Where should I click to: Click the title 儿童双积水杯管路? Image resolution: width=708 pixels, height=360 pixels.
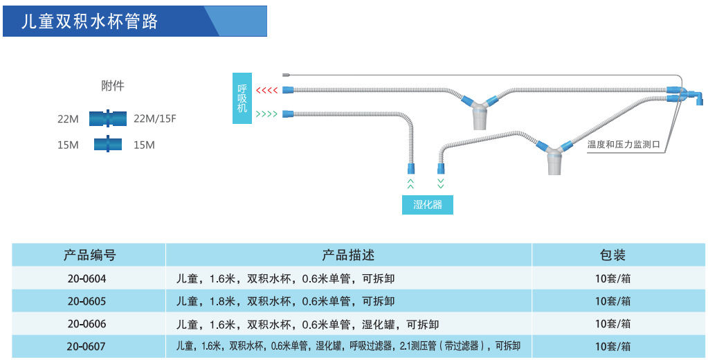click(91, 21)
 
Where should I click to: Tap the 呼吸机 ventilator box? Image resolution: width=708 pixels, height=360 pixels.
click(242, 98)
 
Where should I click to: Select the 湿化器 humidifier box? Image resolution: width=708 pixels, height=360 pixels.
click(428, 204)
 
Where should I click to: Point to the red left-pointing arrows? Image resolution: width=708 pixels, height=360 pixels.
click(266, 91)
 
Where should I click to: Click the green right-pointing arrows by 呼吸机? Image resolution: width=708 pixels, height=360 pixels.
click(266, 114)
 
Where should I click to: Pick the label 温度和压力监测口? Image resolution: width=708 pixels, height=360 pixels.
click(624, 145)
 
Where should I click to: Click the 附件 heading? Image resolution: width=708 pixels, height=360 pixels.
click(113, 86)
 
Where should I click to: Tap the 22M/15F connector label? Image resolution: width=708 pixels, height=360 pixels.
click(155, 119)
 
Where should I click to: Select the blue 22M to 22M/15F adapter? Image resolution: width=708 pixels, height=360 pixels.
click(107, 119)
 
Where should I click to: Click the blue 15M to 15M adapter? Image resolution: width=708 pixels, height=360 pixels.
click(107, 145)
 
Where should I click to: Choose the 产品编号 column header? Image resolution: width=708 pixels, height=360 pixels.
click(89, 255)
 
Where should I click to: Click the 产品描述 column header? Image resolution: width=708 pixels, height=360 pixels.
click(348, 255)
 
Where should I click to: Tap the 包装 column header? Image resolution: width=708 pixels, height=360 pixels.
click(612, 255)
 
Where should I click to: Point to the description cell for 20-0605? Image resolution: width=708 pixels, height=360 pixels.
click(286, 301)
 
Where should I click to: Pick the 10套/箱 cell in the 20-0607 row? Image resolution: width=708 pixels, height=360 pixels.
click(612, 346)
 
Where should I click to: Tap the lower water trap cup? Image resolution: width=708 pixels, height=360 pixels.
click(554, 163)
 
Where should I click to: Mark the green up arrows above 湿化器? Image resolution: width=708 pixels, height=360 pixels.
click(410, 183)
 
